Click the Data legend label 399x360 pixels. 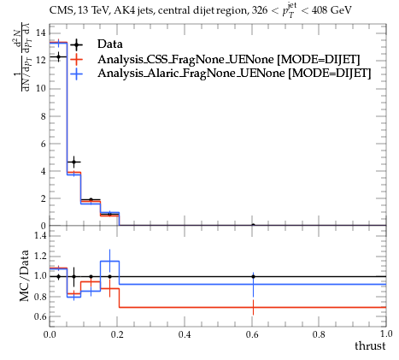[x=110, y=44]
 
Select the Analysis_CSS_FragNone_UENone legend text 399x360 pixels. [x=185, y=59]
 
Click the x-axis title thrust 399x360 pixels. [x=370, y=345]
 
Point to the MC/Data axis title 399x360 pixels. [x=25, y=275]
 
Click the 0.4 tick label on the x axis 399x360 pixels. [x=185, y=334]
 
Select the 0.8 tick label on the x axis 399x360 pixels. [x=319, y=334]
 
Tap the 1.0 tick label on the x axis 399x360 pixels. [x=386, y=334]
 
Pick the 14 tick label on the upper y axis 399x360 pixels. [x=41, y=32]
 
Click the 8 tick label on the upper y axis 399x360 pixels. [x=43, y=116]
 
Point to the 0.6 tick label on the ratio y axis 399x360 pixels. [x=40, y=316]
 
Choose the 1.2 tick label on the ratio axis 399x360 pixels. [x=40, y=256]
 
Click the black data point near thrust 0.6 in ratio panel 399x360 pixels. [x=253, y=276]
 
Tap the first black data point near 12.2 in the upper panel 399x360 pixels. [x=58, y=57]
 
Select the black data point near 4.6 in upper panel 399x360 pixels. [x=74, y=162]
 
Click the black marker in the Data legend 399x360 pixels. [x=76, y=44]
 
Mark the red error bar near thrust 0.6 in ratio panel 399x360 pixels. [x=253, y=307]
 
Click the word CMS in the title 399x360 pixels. [x=59, y=10]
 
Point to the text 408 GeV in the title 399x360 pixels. [x=332, y=10]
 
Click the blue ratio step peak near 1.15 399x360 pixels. [x=109, y=261]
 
